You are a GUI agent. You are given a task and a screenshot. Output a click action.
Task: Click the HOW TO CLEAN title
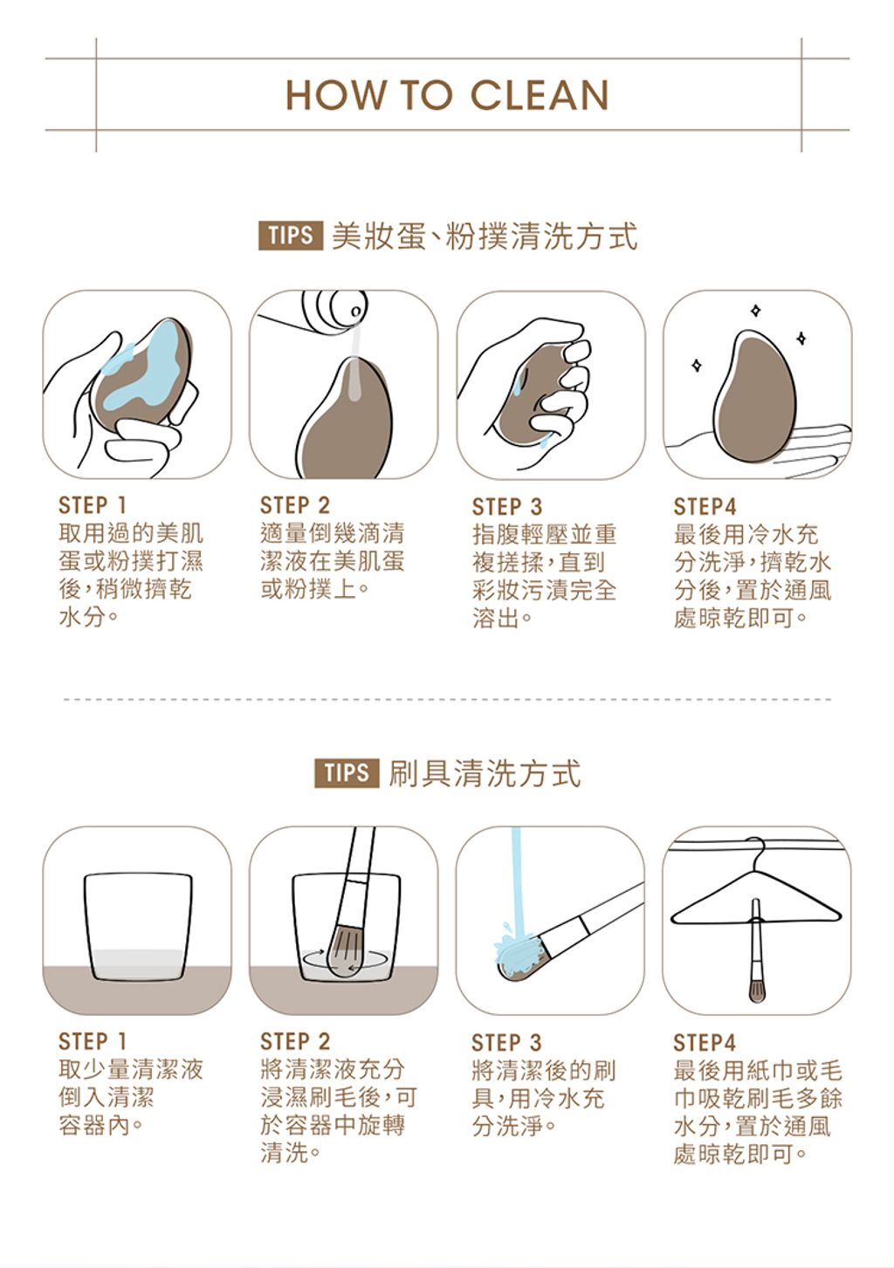pos(447,95)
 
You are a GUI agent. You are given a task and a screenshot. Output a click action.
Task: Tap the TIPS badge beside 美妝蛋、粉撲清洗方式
pos(291,235)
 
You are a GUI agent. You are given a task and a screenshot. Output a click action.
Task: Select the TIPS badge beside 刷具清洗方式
pos(347,772)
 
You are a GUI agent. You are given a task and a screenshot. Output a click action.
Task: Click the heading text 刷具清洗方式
pos(485,773)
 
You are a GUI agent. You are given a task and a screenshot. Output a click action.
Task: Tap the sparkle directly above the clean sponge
pos(755,310)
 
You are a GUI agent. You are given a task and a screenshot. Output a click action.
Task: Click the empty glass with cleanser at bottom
pos(138,927)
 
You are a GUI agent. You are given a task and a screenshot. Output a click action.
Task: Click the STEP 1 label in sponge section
pos(93,505)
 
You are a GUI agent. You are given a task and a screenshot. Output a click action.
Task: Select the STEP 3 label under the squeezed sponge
pos(506,506)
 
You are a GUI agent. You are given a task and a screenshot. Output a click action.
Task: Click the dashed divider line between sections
pos(447,700)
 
